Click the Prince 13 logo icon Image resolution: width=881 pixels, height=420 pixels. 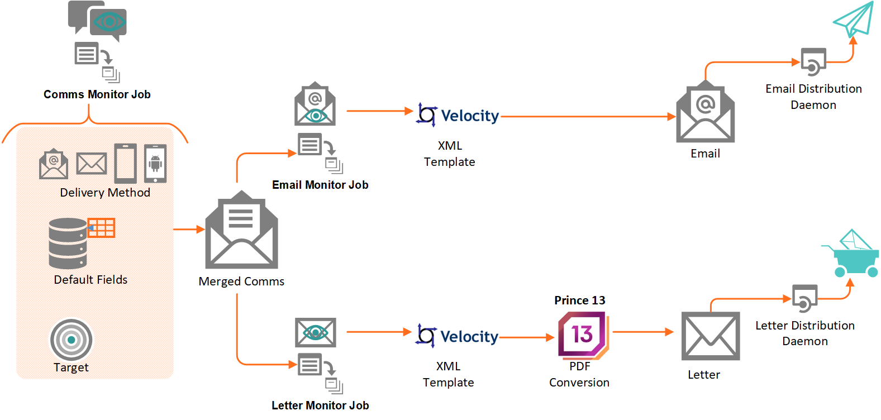coord(583,335)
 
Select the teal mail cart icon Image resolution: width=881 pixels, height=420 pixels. coord(851,254)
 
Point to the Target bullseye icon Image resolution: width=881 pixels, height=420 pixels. coord(71,340)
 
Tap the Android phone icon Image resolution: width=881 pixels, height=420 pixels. coord(155,164)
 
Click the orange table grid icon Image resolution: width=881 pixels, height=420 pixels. coord(101,228)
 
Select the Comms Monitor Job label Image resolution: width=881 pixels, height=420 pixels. coord(97,94)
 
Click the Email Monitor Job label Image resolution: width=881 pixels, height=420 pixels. coord(320,185)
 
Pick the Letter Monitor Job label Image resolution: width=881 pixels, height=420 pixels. coord(320,405)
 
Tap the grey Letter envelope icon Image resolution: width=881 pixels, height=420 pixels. coord(710,336)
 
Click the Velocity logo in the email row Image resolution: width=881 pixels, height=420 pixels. coord(458,115)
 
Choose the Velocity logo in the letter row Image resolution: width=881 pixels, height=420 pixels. coord(456,336)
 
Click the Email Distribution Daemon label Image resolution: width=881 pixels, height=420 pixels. coord(813,97)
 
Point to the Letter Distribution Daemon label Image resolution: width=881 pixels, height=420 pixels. coord(804,333)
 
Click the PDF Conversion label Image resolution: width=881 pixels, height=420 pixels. coord(579,374)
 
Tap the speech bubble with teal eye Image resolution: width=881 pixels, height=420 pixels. coord(109,23)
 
